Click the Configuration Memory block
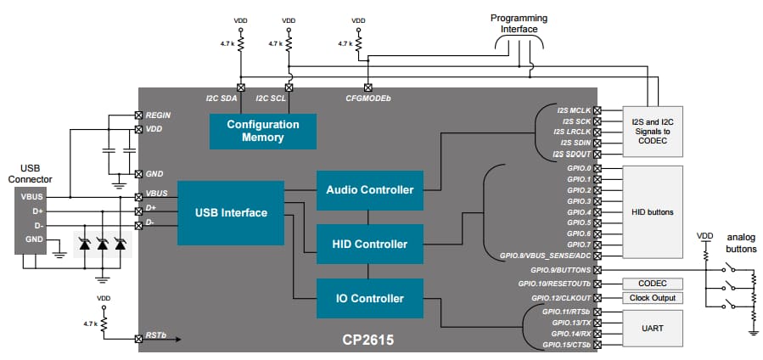point(262,131)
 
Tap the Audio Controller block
point(370,189)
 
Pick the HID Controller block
point(370,244)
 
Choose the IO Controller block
point(370,298)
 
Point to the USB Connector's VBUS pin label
point(31,196)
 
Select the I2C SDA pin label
point(222,98)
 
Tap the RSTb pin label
point(156,335)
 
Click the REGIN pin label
point(159,115)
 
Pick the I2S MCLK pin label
point(574,110)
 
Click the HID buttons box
point(653,211)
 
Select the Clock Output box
point(653,298)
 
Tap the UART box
point(653,327)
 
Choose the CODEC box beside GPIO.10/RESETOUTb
point(653,284)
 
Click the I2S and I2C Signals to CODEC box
point(653,131)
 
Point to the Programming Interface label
point(519,24)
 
